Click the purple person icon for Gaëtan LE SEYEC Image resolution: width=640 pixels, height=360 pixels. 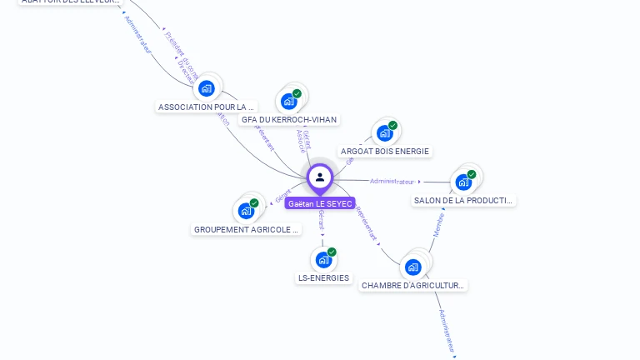(320, 177)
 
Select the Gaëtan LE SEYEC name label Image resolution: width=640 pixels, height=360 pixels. (320, 203)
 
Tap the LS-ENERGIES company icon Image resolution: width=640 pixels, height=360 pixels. (323, 260)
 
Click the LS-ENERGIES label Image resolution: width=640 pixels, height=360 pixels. (324, 278)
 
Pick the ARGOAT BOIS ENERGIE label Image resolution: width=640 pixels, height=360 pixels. (385, 152)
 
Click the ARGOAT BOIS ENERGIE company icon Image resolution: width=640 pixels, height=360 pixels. (384, 132)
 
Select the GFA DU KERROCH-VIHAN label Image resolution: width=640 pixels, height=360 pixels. (289, 120)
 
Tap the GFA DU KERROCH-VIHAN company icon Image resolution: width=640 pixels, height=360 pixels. (289, 102)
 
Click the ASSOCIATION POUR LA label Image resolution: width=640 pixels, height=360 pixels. (207, 107)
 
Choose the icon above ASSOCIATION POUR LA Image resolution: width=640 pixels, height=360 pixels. (207, 88)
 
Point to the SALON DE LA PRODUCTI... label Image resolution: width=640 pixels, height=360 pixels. (464, 201)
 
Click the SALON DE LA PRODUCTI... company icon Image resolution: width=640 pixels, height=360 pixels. (463, 182)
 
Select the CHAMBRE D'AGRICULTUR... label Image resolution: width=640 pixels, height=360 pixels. (413, 286)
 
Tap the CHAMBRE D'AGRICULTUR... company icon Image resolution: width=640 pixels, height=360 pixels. (413, 267)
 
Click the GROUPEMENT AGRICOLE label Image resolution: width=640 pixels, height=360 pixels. (246, 230)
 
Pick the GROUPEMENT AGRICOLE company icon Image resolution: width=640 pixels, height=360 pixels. (246, 211)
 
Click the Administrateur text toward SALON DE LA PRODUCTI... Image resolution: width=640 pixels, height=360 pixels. (392, 181)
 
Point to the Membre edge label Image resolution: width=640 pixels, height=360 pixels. (438, 224)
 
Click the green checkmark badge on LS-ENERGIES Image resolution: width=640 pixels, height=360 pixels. (332, 252)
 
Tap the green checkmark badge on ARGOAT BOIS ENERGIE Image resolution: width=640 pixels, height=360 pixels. (392, 125)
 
